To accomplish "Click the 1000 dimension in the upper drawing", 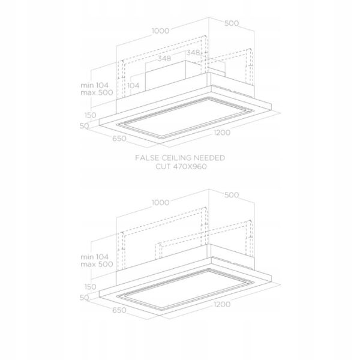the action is (x=160, y=31).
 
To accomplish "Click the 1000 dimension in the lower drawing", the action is (x=160, y=203).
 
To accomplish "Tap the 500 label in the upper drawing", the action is (x=232, y=23).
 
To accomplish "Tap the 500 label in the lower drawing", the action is (x=232, y=195).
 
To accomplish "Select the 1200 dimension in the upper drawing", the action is (x=222, y=133).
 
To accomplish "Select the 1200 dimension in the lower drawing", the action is (x=222, y=304).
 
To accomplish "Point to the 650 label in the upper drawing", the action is (x=119, y=139).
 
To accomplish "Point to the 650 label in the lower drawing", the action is (x=119, y=310).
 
